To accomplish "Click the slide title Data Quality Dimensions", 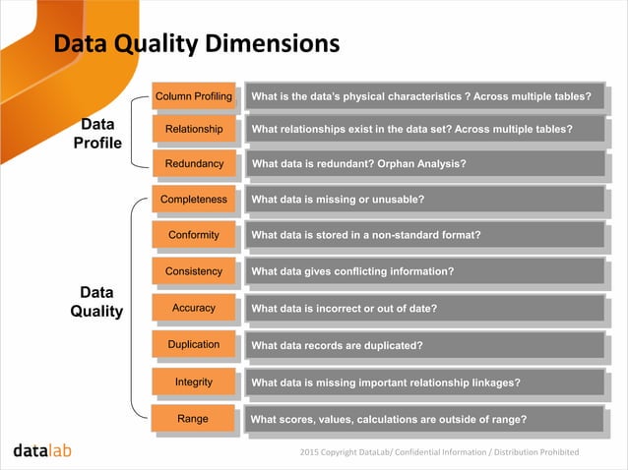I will tap(196, 44).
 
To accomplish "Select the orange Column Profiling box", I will tap(194, 96).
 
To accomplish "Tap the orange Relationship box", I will tap(194, 130).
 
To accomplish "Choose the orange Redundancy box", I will tap(194, 163).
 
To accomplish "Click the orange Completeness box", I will tap(194, 200).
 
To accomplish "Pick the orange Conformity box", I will tap(194, 235).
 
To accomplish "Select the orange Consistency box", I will tap(194, 270).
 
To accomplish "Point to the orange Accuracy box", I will tap(194, 308).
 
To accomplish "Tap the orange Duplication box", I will tap(194, 344).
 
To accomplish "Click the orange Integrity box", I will tap(194, 382).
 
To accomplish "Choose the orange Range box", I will tap(193, 419).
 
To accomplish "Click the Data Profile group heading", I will tap(96, 135).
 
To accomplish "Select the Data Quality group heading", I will tap(96, 303).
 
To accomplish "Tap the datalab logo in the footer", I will tap(42, 451).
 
